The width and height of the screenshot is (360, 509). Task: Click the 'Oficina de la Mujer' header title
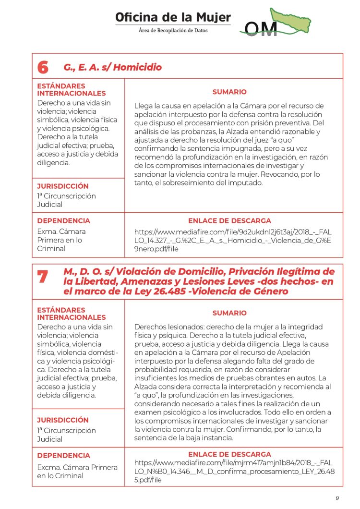173,18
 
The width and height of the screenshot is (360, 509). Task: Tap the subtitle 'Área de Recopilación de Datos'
173,30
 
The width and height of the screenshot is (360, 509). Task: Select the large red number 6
43,68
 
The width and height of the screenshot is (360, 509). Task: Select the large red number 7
43,277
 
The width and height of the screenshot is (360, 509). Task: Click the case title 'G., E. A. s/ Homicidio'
112,67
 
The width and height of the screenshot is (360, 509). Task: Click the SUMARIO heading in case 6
229,92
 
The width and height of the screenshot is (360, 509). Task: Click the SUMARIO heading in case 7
229,313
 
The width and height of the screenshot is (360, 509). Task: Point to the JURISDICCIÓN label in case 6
63,186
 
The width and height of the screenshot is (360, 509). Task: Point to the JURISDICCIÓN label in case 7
63,420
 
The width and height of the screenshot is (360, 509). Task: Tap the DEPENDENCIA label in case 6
63,221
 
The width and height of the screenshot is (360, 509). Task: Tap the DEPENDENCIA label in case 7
63,455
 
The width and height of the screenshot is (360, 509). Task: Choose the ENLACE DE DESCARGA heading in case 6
229,221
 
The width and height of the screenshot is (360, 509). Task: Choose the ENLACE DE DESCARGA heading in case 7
229,454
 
